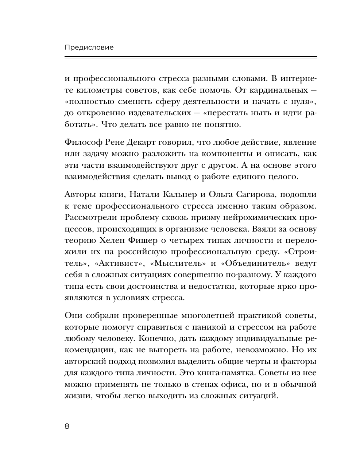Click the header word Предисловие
[x=89, y=47]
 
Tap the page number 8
[x=67, y=427]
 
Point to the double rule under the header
[x=190, y=57]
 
